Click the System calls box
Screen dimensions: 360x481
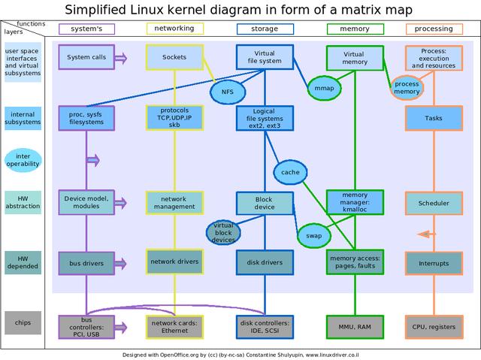click(87, 58)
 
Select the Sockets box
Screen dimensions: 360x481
click(174, 58)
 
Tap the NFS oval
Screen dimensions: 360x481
click(227, 91)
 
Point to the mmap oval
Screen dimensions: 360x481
click(324, 88)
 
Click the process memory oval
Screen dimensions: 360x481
click(407, 87)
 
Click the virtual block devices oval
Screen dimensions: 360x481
click(224, 233)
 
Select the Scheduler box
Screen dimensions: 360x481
click(434, 203)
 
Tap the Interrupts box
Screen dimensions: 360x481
click(434, 264)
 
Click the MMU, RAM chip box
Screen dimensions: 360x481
click(353, 327)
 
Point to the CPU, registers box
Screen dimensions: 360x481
click(434, 327)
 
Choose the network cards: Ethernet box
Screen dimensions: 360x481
click(174, 327)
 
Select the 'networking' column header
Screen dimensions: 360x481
click(174, 29)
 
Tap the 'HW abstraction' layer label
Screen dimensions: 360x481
click(23, 203)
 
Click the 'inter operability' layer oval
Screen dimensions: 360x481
click(23, 159)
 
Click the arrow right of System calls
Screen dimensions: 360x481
click(121, 58)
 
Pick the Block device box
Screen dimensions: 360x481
click(265, 203)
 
